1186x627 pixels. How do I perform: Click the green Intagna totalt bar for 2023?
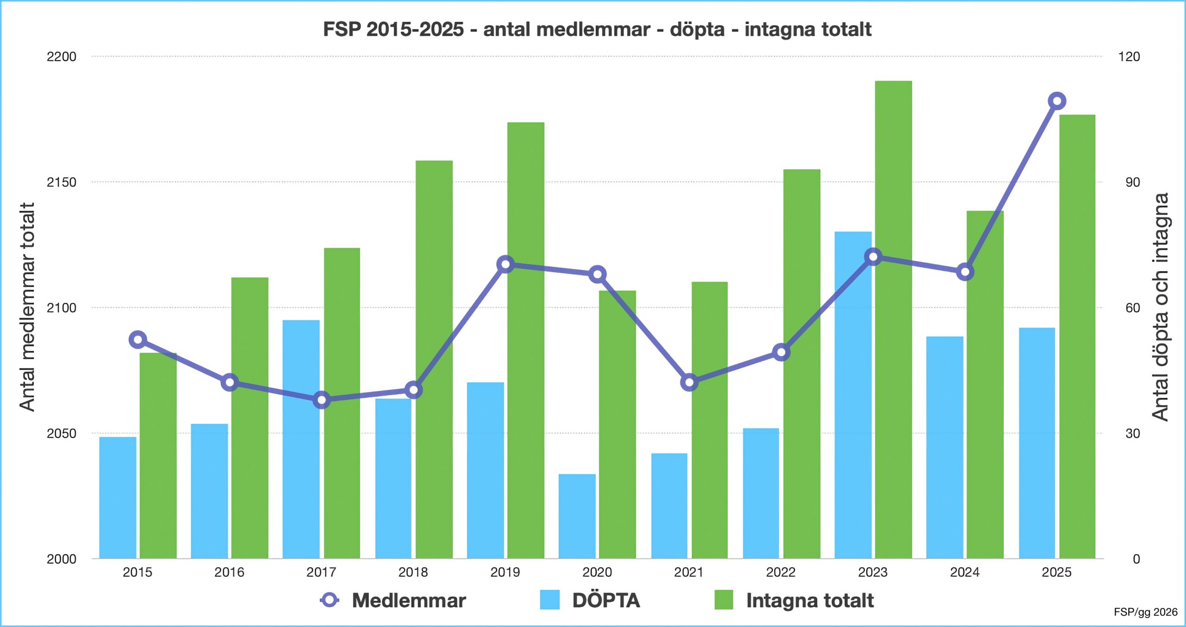coord(893,320)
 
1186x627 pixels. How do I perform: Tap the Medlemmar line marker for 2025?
coord(1057,101)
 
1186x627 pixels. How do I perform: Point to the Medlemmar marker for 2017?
coord(322,399)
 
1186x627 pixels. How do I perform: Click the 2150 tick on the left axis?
coord(61,182)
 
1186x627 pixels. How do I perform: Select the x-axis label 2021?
coord(688,572)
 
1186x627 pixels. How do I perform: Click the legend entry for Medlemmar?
coord(394,600)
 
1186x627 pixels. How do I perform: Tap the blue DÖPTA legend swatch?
coord(549,600)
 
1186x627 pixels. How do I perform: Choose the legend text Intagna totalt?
coord(809,600)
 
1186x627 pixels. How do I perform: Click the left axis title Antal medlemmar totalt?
coord(27,307)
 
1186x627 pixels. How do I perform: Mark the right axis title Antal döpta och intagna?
coord(1160,307)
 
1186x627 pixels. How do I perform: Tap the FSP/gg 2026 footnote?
coord(1145,612)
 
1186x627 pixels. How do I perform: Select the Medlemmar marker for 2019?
coord(505,264)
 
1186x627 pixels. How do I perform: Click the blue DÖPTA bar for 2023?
coord(853,394)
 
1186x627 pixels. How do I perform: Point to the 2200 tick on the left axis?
coord(61,57)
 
